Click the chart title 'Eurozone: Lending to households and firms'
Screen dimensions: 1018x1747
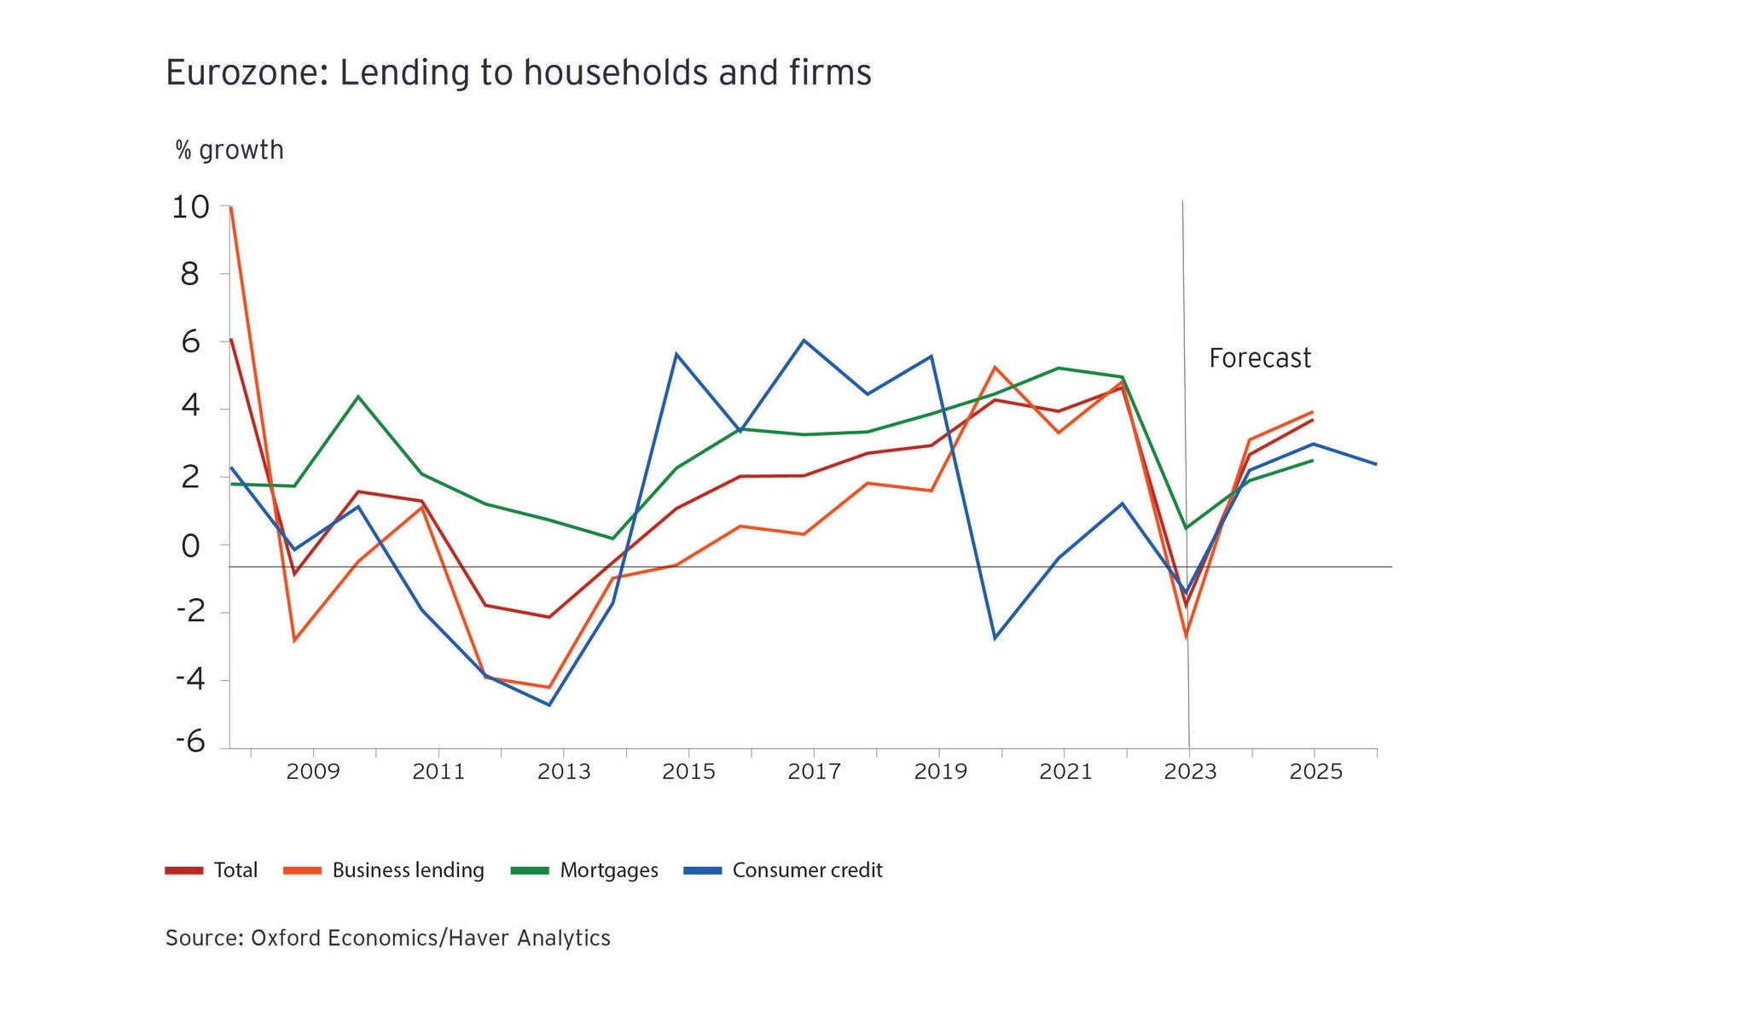pos(518,73)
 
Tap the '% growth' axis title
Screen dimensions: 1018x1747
pos(229,150)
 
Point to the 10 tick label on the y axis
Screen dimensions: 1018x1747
pos(190,207)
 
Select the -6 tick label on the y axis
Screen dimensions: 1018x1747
pos(191,741)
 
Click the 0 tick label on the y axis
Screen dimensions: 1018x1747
pos(191,546)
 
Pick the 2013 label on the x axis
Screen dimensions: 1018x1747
pos(563,772)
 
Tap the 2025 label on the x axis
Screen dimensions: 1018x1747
pos(1315,772)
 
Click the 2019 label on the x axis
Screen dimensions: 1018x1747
pos(940,772)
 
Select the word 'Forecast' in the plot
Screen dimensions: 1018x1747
pos(1259,358)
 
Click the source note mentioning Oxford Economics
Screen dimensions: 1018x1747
pos(387,938)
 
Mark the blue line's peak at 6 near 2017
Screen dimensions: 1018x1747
pos(804,340)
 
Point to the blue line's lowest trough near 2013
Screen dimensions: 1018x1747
pos(549,705)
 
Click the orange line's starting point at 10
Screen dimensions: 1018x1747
pos(231,207)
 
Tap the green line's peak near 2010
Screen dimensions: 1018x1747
pos(358,396)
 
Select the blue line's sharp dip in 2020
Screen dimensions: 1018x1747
pos(995,638)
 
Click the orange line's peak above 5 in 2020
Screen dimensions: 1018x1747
pos(995,367)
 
